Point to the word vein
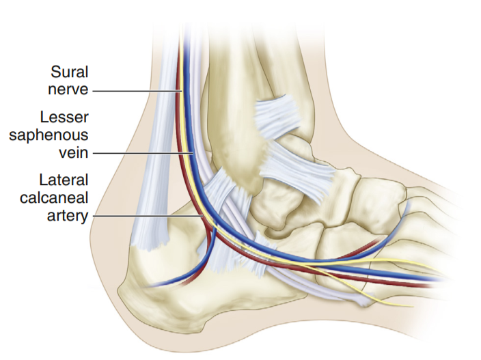click(x=72, y=152)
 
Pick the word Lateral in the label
click(x=62, y=182)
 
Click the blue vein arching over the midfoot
click(x=389, y=225)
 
